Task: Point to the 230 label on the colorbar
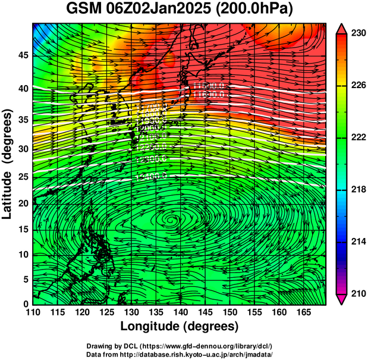[x=357, y=34]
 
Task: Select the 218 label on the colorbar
[x=357, y=190]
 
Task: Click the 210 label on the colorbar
[x=357, y=293]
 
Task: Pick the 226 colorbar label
[x=357, y=86]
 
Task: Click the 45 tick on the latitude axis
[x=23, y=55]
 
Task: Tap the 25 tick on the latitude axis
[x=23, y=177]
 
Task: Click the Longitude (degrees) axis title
[x=179, y=327]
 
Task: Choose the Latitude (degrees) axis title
[x=8, y=164]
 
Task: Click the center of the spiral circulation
[x=171, y=221]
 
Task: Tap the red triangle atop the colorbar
[x=342, y=28]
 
